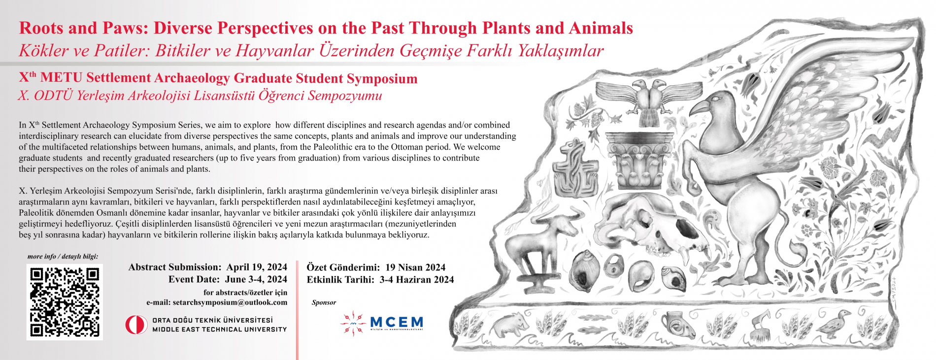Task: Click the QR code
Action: tap(65, 302)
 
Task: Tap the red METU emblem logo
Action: tap(136, 325)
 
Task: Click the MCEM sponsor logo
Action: tap(381, 323)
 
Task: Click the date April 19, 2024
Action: tap(257, 267)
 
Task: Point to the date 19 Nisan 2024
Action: tap(415, 267)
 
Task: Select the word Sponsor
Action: tap(324, 302)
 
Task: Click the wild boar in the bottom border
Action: tap(511, 324)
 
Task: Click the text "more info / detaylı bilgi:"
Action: tap(63, 257)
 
